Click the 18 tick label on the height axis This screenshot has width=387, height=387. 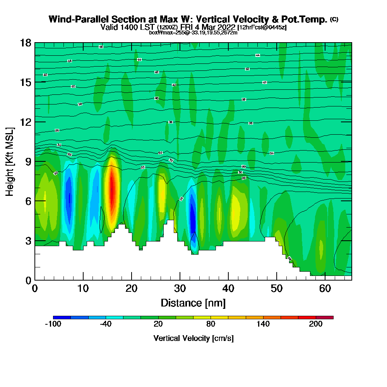tap(26, 43)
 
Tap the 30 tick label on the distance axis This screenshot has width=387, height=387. tap(180, 289)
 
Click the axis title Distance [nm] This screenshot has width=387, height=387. tap(193, 303)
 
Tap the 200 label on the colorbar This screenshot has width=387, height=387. tap(316, 324)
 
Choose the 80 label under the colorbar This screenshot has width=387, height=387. tap(211, 324)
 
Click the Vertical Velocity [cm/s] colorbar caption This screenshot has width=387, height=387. tap(193, 338)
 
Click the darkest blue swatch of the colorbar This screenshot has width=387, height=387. tap(62, 317)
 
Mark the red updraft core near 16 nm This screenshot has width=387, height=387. tap(112, 190)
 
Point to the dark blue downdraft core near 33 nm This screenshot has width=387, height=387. tap(192, 217)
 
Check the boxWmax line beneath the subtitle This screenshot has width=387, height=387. tap(193, 33)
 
